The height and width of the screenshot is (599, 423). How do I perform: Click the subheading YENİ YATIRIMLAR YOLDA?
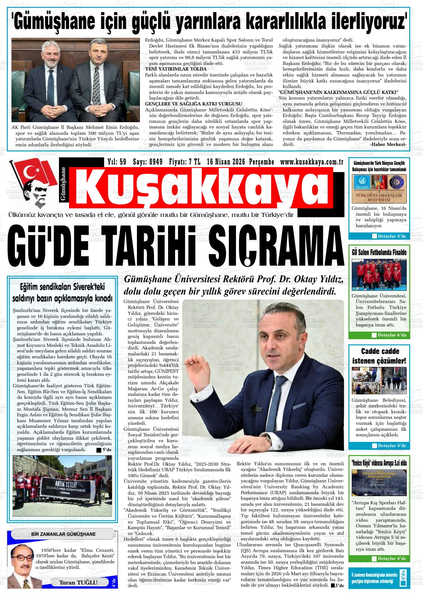tap(176, 69)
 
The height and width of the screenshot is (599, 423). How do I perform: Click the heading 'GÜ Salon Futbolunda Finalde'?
tap(379, 252)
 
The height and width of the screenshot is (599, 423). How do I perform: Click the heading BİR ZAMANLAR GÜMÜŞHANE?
tap(63, 534)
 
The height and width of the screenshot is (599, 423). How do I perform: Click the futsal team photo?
tap(379, 275)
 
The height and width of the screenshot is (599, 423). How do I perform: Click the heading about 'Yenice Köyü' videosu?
tap(379, 463)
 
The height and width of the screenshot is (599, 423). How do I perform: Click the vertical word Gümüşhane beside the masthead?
tap(63, 184)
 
